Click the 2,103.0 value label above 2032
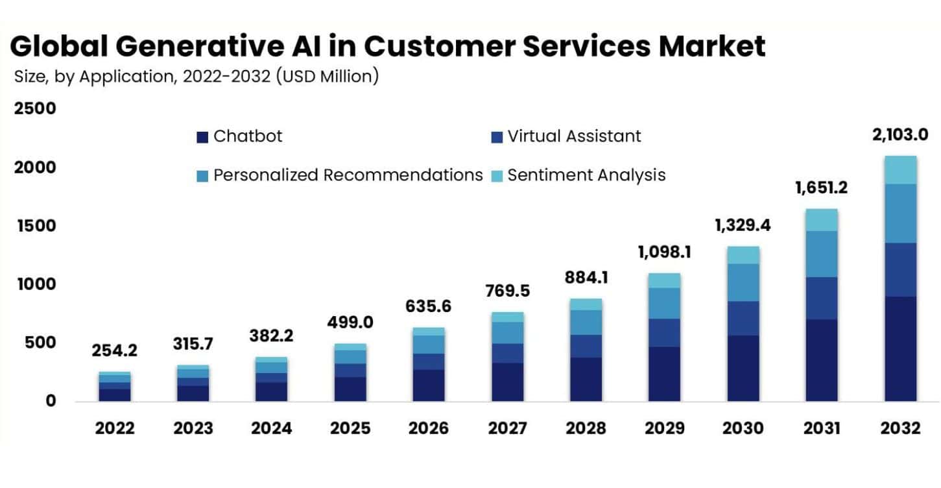tap(901, 135)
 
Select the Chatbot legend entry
tap(240, 136)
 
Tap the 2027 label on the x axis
tap(507, 429)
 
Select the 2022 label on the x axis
tap(115, 429)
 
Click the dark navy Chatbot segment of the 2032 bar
tap(901, 348)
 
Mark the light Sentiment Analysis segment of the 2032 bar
tap(901, 170)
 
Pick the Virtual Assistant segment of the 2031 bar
tap(822, 298)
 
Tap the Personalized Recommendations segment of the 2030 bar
tap(743, 282)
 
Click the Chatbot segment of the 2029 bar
tap(664, 374)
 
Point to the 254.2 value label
tap(115, 350)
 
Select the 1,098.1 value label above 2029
tap(664, 252)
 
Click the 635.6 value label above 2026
tap(429, 306)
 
